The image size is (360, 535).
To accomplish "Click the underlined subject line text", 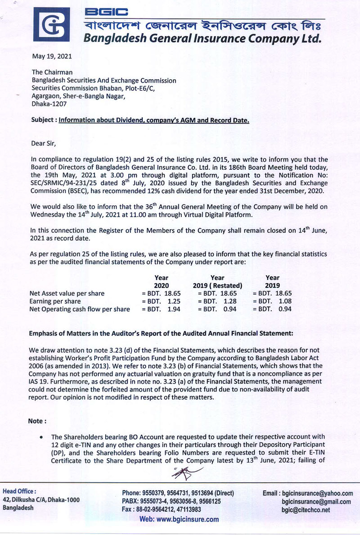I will (x=153, y=120).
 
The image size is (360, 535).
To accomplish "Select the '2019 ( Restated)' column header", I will (x=217, y=286).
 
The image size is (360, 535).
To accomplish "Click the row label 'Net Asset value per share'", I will (x=67, y=294).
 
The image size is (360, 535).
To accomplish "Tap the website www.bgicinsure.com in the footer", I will (x=180, y=519).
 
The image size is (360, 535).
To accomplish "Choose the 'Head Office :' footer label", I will (x=20, y=491).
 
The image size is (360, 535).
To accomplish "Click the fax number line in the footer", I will (x=162, y=510).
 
